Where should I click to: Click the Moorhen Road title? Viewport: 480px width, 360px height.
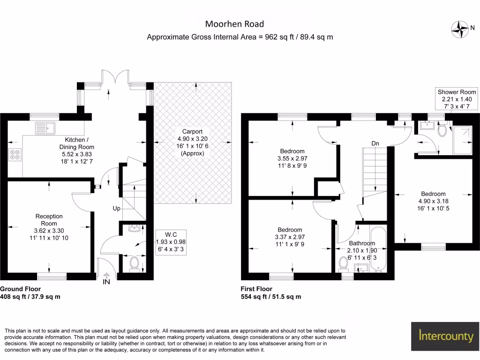234,24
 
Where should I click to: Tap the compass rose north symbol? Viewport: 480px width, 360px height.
460,30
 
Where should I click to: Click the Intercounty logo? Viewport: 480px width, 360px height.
446,336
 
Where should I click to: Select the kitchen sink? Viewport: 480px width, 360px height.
45,128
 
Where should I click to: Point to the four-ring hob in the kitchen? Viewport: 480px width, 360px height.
15,154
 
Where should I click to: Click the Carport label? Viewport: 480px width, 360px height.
192,142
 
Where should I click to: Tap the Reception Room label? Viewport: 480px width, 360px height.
49,227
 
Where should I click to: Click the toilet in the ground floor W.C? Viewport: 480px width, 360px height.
135,264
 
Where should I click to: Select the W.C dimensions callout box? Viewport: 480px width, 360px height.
171,242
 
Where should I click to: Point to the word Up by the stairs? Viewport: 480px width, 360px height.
116,209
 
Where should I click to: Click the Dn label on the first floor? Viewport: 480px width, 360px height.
375,143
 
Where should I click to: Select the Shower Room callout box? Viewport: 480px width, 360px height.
457,99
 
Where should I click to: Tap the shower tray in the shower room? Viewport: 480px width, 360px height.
463,141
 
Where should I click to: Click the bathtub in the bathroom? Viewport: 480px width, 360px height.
378,249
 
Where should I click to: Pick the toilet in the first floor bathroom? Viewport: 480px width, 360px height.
344,264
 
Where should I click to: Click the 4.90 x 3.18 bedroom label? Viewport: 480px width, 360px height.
433,201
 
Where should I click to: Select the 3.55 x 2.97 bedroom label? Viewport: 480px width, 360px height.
292,158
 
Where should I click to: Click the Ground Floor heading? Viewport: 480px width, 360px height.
20,289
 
